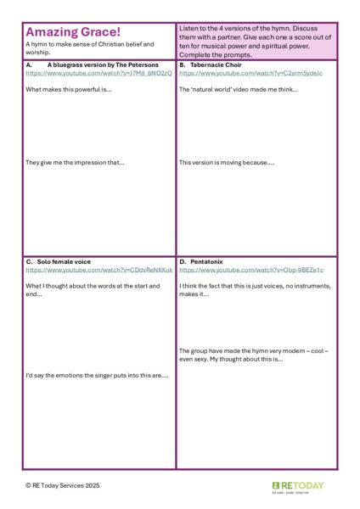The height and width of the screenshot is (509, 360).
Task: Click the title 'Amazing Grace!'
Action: point(73,32)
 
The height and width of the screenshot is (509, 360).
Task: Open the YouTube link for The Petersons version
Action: point(98,74)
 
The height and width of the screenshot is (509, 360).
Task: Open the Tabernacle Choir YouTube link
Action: point(239,74)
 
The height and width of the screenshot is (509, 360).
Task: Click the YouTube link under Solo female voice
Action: point(98,270)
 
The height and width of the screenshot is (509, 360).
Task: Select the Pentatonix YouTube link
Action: point(239,270)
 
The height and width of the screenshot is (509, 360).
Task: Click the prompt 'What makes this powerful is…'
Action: point(69,89)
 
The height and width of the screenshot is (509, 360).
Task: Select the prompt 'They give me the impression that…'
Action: point(75,162)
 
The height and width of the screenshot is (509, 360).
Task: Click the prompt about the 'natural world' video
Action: point(239,89)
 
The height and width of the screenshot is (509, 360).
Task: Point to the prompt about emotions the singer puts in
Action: point(97,375)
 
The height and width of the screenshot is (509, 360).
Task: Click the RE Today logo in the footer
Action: point(304,487)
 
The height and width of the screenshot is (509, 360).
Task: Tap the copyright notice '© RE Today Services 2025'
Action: point(63,486)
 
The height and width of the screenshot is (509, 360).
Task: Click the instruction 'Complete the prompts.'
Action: point(216,54)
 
